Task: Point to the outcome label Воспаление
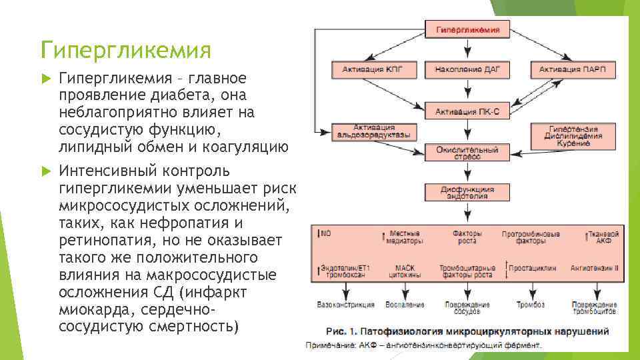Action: point(404,305)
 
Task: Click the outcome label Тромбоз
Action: point(531,305)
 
